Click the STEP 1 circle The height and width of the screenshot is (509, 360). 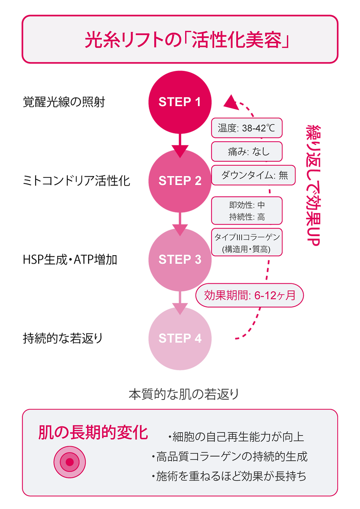180,102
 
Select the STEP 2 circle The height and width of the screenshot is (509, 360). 180,181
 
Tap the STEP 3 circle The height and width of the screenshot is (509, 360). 180,259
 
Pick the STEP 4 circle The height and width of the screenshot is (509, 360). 180,338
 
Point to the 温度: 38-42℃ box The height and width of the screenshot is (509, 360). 246,128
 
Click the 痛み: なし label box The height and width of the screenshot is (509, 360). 246,151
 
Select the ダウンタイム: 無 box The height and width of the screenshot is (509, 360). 253,175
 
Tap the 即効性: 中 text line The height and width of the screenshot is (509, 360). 246,205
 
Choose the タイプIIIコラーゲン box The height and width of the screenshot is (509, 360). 246,242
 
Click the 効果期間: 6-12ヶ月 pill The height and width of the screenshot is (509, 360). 250,295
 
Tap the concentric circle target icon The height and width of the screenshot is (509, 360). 70,462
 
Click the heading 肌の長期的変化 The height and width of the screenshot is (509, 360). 93,433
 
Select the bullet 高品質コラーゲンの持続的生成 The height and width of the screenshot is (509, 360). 230,456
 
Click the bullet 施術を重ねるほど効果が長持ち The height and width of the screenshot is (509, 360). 229,476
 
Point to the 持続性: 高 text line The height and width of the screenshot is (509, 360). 246,217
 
